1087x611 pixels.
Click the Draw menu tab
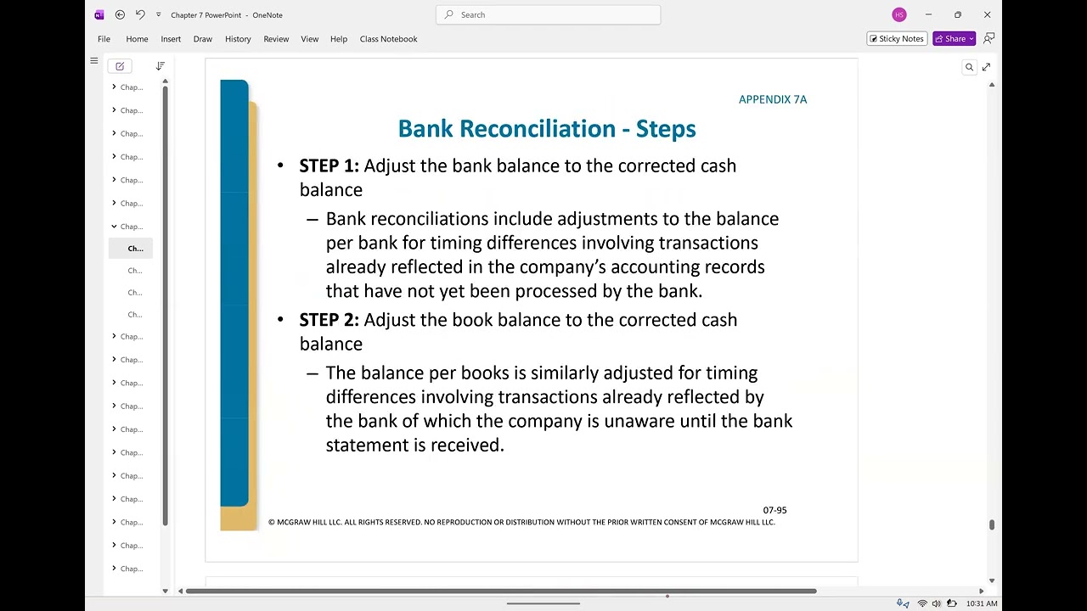tap(202, 39)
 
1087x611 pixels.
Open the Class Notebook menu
tap(388, 39)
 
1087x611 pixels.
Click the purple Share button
tap(954, 39)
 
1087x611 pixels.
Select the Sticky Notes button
tap(897, 39)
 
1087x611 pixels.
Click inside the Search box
tap(552, 14)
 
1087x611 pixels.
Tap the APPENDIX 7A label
tap(773, 99)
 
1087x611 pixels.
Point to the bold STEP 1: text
tap(329, 165)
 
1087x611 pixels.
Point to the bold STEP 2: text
tap(329, 320)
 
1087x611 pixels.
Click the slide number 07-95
tap(774, 510)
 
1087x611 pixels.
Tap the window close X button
tap(987, 14)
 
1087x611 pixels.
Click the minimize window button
tap(928, 14)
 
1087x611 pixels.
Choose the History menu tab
tap(238, 39)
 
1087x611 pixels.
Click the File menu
tap(104, 39)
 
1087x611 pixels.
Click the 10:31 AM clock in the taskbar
tap(982, 603)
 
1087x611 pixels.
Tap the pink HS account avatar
tap(899, 14)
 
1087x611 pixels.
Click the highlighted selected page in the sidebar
tap(135, 249)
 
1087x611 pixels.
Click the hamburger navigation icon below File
tap(94, 61)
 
